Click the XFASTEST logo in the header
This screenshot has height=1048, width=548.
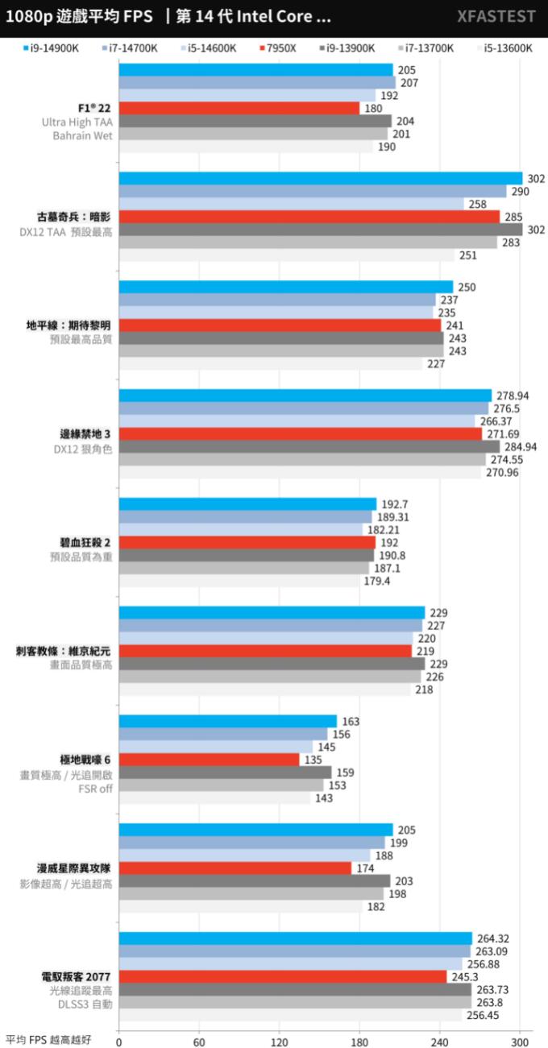point(496,17)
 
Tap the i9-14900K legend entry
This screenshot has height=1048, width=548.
point(52,48)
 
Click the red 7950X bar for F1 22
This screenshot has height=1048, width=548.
point(239,108)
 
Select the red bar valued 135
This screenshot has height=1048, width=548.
point(209,759)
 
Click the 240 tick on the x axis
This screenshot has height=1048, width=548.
point(440,1040)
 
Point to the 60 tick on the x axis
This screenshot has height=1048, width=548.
point(199,1040)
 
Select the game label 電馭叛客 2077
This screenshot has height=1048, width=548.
point(77,976)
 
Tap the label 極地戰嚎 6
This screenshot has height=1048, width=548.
point(85,759)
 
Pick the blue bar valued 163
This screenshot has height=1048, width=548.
point(227,721)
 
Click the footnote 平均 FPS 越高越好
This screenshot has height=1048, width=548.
point(48,1040)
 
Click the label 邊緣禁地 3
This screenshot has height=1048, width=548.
point(85,433)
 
